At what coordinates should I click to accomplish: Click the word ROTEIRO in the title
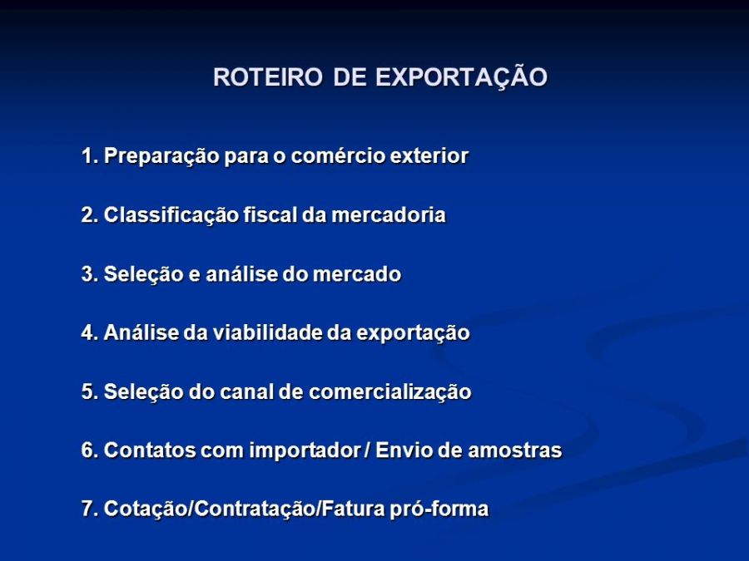pos(268,76)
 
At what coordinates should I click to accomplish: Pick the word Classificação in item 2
pos(171,215)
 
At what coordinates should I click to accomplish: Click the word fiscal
pos(270,214)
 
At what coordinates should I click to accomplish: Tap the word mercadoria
pos(389,214)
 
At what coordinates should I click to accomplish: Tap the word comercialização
pos(389,392)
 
